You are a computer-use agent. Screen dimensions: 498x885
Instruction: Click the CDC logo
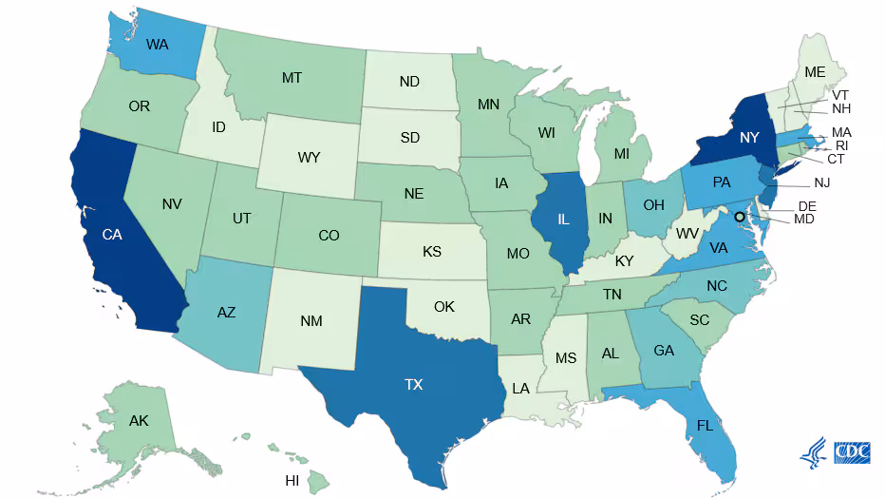click(x=853, y=453)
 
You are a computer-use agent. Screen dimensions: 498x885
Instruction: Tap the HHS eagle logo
click(x=814, y=453)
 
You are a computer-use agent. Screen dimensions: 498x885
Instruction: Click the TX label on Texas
click(x=413, y=385)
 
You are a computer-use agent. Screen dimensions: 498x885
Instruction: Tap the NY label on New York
click(x=750, y=138)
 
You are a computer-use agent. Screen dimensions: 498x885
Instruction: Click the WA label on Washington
click(x=158, y=44)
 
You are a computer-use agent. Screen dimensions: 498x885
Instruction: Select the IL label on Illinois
click(x=563, y=220)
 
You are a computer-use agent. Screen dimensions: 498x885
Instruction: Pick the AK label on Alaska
click(x=139, y=420)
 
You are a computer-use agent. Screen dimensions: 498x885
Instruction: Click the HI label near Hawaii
click(x=292, y=481)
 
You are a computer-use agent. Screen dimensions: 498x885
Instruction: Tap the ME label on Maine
click(x=815, y=71)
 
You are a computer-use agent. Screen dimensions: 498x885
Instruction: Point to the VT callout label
click(x=840, y=95)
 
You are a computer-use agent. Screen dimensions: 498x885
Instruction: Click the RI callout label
click(x=841, y=145)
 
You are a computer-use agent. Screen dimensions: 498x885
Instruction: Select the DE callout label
click(x=807, y=206)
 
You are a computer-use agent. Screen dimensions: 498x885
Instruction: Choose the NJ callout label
click(x=822, y=182)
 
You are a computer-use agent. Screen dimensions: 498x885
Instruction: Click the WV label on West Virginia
click(x=687, y=233)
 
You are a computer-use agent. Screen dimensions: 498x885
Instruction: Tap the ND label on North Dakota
click(x=409, y=82)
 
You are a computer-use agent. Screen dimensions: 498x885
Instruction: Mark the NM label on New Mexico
click(x=311, y=321)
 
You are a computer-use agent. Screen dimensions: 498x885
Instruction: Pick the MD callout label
click(x=804, y=220)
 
